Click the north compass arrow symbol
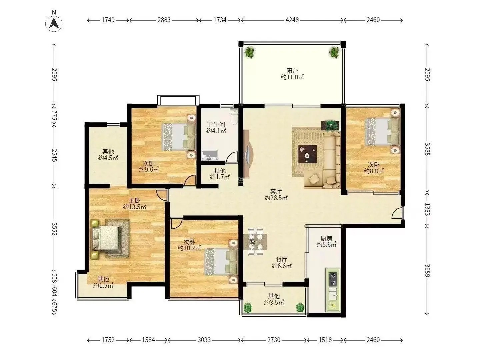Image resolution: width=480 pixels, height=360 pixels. coord(54,23)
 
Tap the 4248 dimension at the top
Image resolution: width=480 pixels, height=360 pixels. coord(292,20)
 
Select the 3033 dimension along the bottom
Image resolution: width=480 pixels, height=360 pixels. coord(204,340)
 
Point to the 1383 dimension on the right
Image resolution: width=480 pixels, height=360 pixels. coord(427,209)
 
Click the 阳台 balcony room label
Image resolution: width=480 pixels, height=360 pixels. coord(292,71)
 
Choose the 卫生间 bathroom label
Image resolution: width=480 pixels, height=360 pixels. coord(216,125)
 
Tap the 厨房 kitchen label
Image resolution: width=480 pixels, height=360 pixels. coord(326,238)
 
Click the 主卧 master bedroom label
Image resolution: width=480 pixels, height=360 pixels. coord(134,200)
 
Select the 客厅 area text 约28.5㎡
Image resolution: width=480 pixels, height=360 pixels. coord(276,198)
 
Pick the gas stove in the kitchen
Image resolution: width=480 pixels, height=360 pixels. coord(333,279)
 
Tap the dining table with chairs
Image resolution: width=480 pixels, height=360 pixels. coord(255,242)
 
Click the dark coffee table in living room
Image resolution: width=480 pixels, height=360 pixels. coord(307,154)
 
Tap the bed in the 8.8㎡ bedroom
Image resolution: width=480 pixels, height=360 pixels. coord(382,132)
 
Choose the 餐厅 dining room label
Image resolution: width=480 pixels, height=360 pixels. coord(282,259)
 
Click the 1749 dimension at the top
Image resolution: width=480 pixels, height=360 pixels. coord(108,20)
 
